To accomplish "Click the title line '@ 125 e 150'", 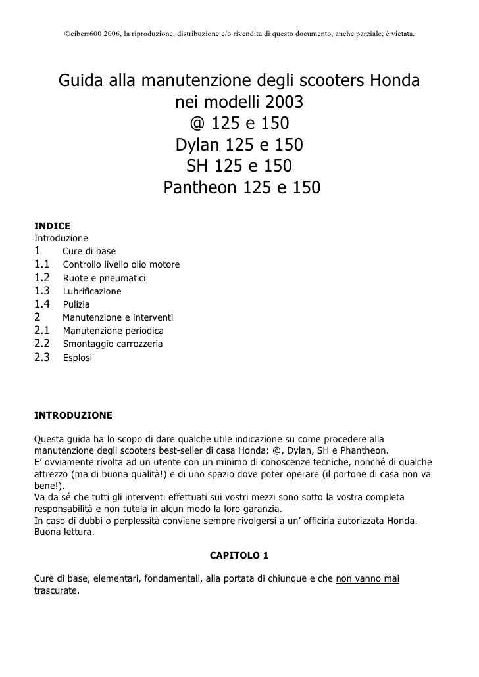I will (239, 124).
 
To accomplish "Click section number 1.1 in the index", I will (43, 264).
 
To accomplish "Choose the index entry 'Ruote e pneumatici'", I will (104, 278).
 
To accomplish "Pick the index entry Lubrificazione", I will (92, 291).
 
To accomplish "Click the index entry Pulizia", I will (76, 304).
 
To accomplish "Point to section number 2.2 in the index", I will (43, 344).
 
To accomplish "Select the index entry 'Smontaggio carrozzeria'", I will (113, 344).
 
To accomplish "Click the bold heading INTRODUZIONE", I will (73, 415).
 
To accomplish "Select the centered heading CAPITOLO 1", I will (239, 555).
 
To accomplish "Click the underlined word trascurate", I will (55, 590).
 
